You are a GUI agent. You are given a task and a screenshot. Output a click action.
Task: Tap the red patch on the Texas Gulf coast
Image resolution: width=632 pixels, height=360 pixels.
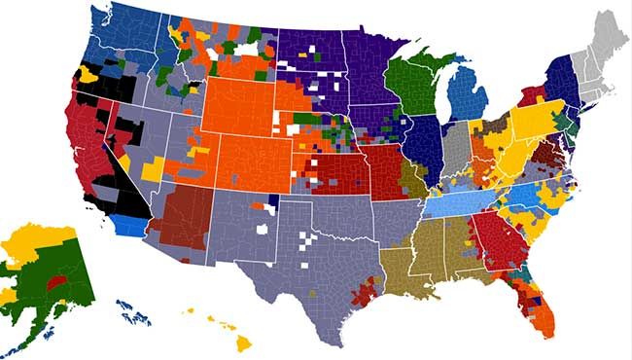point(368,291)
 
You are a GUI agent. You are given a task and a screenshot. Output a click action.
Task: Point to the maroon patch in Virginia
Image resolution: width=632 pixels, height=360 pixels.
point(542,154)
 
